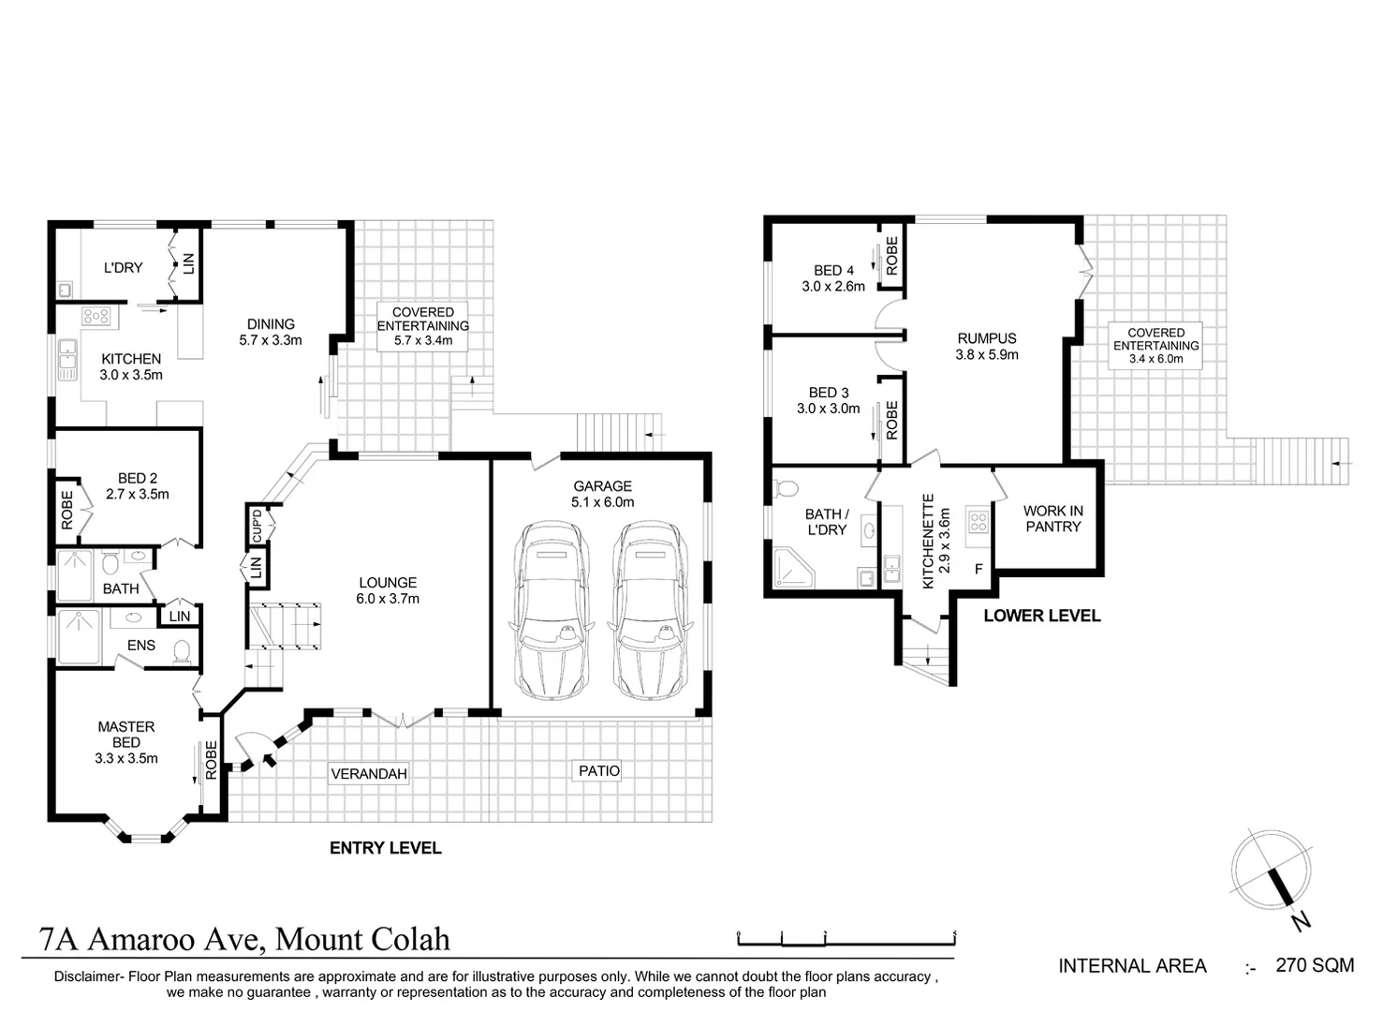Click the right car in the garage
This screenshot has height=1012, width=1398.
(x=649, y=611)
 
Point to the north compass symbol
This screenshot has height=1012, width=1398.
(x=1271, y=871)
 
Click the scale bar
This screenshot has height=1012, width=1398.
(x=846, y=936)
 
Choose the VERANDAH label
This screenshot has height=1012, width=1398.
(x=369, y=773)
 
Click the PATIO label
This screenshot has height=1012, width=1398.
(x=599, y=770)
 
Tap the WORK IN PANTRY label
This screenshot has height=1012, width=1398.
(x=1052, y=518)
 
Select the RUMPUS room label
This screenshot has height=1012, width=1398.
(x=987, y=338)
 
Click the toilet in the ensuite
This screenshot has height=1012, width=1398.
(x=183, y=651)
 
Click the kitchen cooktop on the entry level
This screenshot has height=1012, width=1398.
(x=96, y=316)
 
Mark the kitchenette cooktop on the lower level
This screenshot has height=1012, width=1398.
(x=979, y=521)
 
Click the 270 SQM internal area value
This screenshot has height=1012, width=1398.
(x=1315, y=965)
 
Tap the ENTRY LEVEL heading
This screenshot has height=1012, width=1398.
(x=385, y=848)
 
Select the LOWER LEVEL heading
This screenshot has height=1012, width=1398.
(x=1041, y=616)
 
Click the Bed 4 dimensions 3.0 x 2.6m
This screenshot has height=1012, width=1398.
(x=833, y=287)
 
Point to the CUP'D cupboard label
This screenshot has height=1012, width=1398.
(x=257, y=525)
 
